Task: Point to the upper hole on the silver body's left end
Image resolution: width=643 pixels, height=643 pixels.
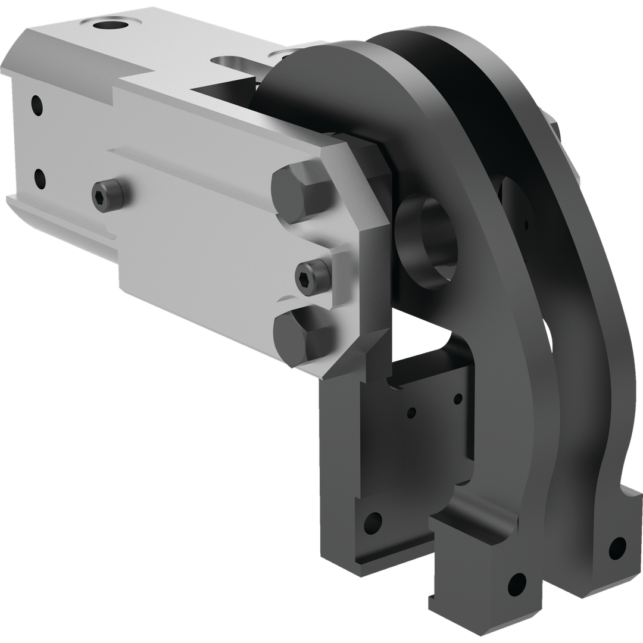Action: click(38, 105)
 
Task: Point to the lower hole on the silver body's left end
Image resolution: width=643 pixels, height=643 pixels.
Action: click(40, 177)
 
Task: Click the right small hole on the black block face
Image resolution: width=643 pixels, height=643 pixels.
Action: click(457, 398)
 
